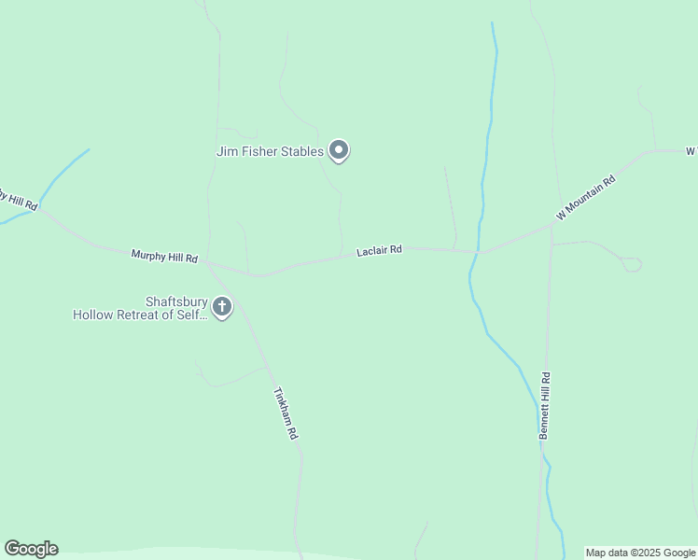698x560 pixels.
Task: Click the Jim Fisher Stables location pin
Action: tap(339, 150)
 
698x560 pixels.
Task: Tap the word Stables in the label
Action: tap(300, 150)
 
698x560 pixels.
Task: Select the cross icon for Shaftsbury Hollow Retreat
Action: tap(222, 306)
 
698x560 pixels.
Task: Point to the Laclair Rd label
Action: tap(379, 251)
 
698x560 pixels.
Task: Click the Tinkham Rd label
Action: tap(286, 413)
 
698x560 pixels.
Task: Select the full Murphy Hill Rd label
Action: tap(164, 256)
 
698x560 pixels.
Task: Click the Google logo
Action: tap(31, 549)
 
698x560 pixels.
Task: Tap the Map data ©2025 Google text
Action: tap(640, 553)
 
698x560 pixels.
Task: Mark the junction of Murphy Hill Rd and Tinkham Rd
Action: tap(207, 264)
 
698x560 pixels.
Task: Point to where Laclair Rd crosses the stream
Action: tap(478, 252)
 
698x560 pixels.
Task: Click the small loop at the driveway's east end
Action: tap(632, 265)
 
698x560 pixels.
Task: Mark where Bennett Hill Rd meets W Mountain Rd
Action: tap(551, 226)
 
